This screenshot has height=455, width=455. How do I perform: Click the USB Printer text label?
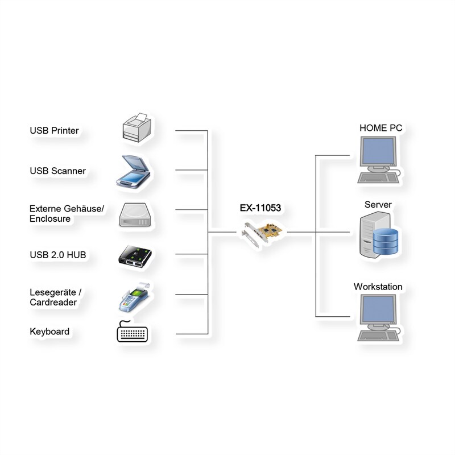tap(54, 131)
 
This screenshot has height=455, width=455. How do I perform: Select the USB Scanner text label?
tap(57, 171)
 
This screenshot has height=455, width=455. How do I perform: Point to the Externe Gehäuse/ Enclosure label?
tap(67, 214)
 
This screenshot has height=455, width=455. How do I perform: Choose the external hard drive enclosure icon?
tap(135, 216)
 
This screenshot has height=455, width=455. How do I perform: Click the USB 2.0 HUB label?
tap(57, 255)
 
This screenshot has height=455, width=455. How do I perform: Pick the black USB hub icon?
tap(134, 255)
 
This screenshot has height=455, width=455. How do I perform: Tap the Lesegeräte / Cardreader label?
tap(55, 297)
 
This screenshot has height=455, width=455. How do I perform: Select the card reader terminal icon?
tap(134, 296)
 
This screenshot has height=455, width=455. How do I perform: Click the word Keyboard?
tap(49, 332)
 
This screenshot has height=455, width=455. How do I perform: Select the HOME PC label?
tap(380, 128)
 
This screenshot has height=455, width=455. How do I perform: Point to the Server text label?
tap(378, 205)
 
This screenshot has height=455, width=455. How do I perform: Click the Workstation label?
tap(378, 287)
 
